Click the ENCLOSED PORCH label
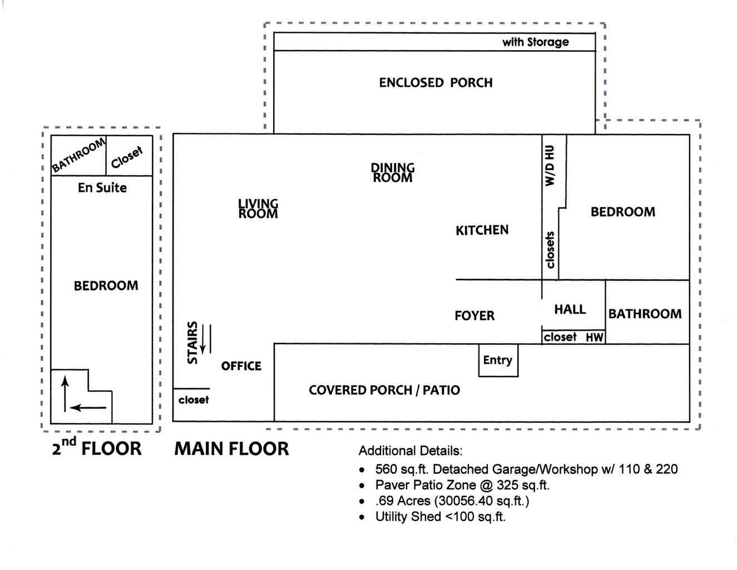(436, 83)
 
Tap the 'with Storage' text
(535, 42)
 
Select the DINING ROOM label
(393, 173)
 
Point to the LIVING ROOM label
(258, 209)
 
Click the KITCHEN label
(482, 230)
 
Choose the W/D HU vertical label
(550, 165)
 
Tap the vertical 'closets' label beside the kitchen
(550, 250)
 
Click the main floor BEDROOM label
(622, 212)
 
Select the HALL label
(570, 309)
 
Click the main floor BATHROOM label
(645, 314)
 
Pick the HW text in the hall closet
(594, 337)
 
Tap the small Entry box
(498, 360)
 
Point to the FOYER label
(474, 316)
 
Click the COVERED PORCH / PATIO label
(384, 390)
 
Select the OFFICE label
(241, 366)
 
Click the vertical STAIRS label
(192, 342)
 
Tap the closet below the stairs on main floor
(194, 400)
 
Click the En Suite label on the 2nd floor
(102, 188)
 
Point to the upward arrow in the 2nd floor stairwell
(65, 393)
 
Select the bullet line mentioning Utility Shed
(440, 517)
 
